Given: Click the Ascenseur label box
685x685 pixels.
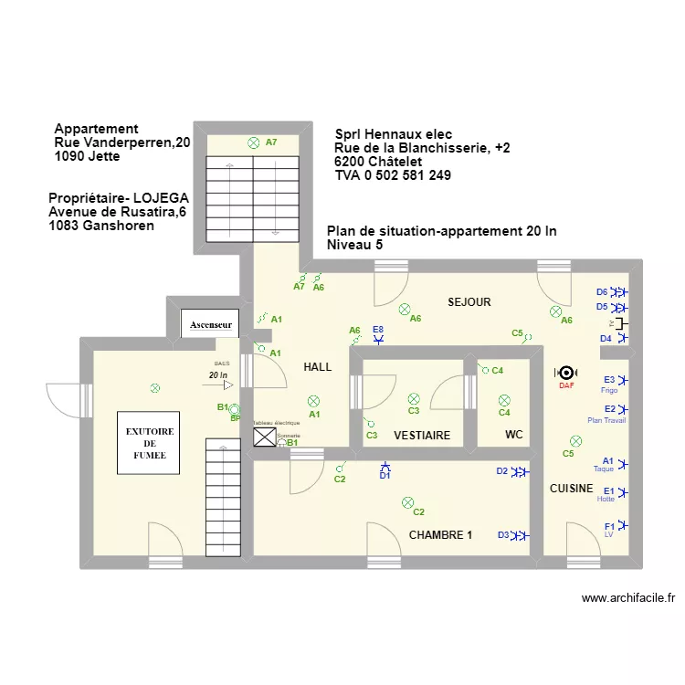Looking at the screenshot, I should [211, 324].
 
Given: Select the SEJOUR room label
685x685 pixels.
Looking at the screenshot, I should [469, 301].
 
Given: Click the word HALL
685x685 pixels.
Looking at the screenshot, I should [317, 367].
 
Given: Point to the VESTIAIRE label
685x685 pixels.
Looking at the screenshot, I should [422, 436].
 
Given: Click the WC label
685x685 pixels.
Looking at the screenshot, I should [514, 436].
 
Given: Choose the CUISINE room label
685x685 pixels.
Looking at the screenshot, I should [571, 489].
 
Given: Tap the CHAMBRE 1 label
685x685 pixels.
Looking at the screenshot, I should [440, 534].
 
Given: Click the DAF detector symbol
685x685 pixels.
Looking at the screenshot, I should [566, 373].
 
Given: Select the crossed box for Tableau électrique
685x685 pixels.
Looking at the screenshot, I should [264, 438].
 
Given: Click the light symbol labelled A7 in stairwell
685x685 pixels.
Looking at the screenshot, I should [253, 142].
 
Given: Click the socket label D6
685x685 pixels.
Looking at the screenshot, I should [602, 292].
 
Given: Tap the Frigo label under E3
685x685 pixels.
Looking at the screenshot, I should [609, 390].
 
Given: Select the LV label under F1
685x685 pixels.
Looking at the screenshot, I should [609, 535].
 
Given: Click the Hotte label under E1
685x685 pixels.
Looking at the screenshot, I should [606, 500].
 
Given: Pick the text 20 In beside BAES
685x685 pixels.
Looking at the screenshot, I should [217, 375].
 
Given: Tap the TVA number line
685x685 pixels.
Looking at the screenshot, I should [393, 175].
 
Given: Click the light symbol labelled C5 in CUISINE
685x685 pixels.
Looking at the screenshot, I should [575, 440].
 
